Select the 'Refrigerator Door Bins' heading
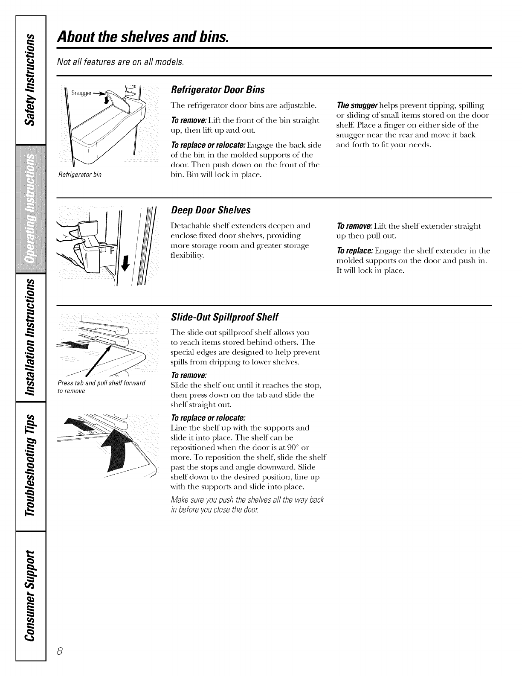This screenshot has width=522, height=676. [217, 90]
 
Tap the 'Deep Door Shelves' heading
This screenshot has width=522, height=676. [210, 210]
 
